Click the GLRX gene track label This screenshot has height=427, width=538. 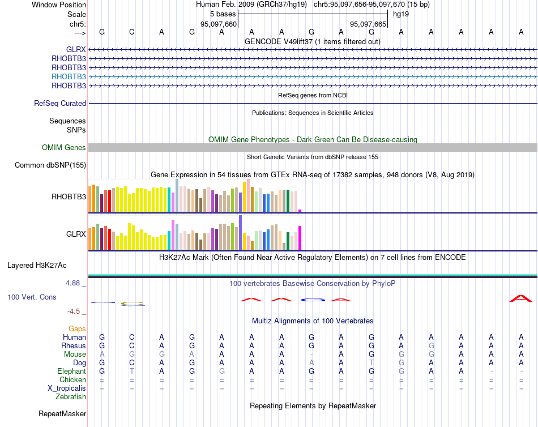(76, 50)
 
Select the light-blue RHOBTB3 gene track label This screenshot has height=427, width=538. (69, 76)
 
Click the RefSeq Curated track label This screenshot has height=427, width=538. (60, 104)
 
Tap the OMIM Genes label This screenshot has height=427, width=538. (64, 148)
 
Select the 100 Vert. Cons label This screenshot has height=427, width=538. (32, 297)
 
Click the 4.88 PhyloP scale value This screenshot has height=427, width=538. (74, 283)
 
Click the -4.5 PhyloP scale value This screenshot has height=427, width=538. (75, 311)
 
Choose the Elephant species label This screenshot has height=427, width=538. (71, 371)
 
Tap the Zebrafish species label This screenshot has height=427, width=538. (71, 397)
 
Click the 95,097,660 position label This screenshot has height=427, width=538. (219, 24)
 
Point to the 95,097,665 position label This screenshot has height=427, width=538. (368, 24)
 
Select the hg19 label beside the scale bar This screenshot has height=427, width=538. (401, 14)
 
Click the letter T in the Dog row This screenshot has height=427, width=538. (371, 362)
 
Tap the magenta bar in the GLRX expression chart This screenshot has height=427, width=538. (300, 238)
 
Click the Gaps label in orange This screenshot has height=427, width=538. (77, 328)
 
